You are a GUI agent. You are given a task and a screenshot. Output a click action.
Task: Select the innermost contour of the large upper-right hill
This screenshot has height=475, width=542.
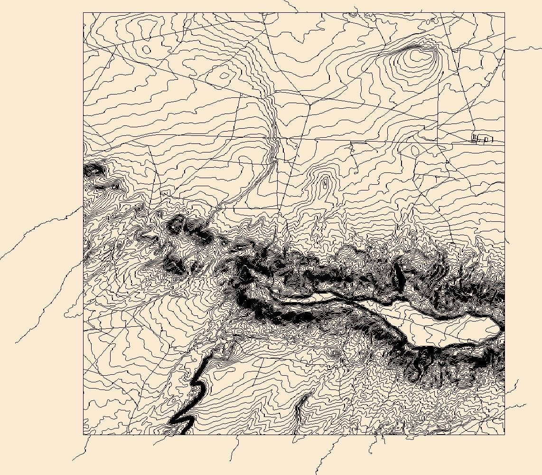(x=418, y=55)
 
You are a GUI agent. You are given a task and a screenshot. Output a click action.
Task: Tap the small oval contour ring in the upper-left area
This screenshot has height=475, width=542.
(x=146, y=50)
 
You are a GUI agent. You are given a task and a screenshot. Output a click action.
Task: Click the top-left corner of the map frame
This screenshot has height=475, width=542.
(x=84, y=13)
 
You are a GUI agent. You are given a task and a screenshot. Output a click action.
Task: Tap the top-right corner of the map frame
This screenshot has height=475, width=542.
(x=505, y=13)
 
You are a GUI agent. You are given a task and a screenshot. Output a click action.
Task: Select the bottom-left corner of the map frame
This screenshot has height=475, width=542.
(x=84, y=434)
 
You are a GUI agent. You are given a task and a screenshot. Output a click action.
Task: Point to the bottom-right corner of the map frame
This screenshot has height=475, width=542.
(x=505, y=434)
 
